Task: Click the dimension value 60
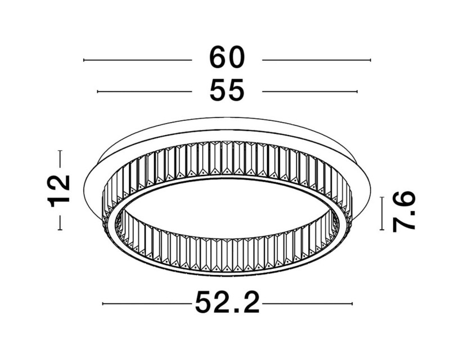227,58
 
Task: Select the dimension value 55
227,91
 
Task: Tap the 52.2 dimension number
227,304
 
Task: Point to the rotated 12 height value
60,190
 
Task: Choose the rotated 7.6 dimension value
404,211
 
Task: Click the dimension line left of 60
137,60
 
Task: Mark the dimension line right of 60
317,60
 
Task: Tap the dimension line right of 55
310,91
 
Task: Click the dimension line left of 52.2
147,304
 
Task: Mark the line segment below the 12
60,221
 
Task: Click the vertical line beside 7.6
382,214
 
